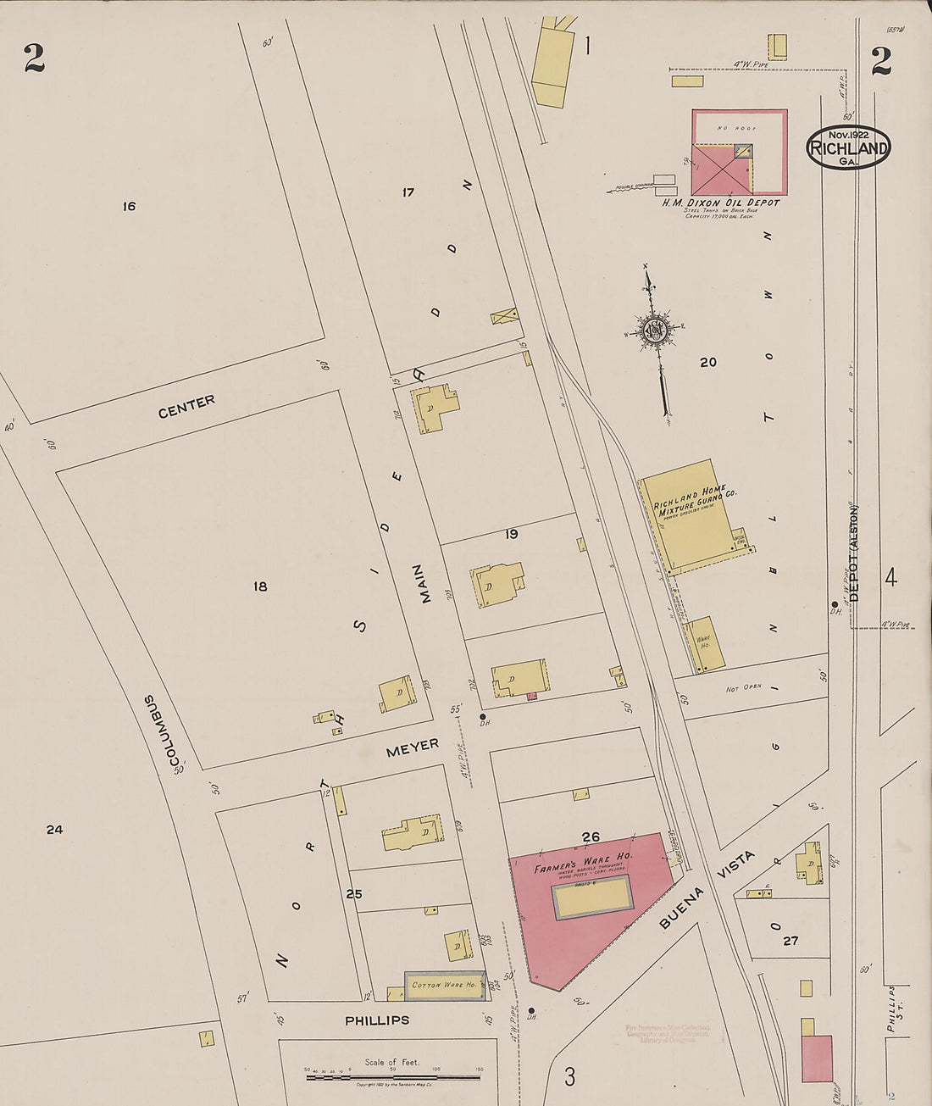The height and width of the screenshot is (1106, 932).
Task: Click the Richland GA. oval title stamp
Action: click(848, 147)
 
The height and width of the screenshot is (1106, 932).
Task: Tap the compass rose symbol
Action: click(654, 331)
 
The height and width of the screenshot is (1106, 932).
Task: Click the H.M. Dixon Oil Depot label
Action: click(720, 203)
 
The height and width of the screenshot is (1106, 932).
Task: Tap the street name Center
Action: click(186, 406)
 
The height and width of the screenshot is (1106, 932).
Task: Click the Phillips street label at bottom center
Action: click(377, 1020)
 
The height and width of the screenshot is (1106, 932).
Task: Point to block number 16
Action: click(129, 206)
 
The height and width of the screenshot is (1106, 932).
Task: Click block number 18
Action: click(260, 586)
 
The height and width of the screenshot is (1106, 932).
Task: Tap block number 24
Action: click(54, 830)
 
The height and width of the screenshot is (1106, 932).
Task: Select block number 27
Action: click(791, 941)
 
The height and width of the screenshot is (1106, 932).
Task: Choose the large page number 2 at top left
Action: click(34, 58)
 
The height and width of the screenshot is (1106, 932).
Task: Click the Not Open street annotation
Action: click(743, 688)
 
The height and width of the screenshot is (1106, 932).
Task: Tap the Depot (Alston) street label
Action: click(854, 553)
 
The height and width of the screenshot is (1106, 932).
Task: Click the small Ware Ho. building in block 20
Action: click(702, 645)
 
